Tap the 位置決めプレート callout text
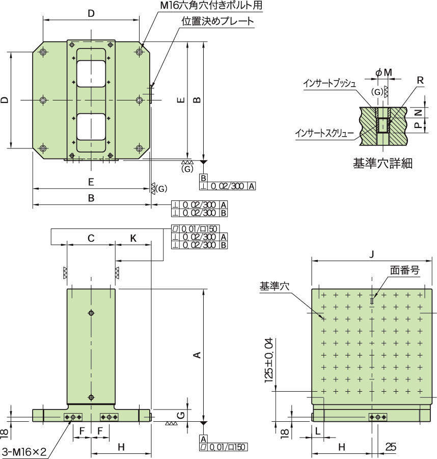217,21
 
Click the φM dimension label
384,73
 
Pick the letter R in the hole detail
420,80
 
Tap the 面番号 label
405,270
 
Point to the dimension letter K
133,238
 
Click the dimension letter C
91,238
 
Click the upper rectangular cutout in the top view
91,72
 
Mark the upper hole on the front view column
91,313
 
